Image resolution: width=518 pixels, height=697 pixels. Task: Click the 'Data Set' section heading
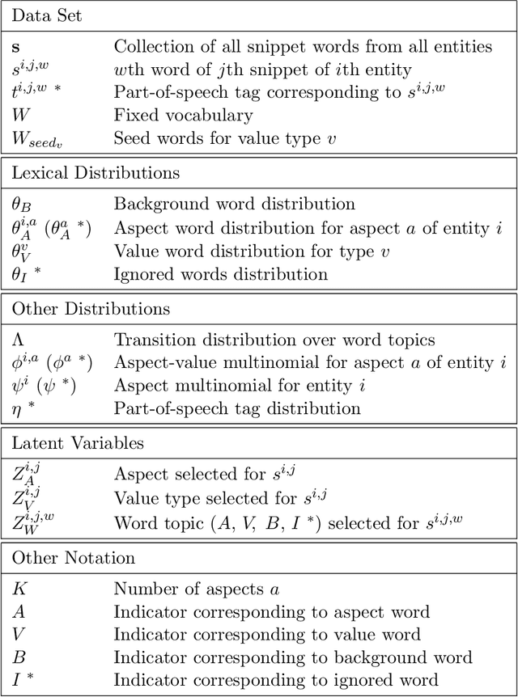47,15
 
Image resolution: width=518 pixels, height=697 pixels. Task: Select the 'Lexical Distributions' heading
96,172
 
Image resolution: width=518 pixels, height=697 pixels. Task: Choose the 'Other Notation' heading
72,558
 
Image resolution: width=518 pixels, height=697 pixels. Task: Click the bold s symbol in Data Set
18,46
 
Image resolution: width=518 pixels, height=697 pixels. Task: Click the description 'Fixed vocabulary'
183,116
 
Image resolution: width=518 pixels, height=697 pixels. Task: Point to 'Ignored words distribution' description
220,273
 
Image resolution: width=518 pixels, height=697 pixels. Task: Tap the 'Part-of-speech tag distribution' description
236,408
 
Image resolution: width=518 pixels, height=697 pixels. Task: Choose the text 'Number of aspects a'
198,589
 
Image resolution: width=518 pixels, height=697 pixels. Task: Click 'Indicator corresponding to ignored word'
275,680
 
